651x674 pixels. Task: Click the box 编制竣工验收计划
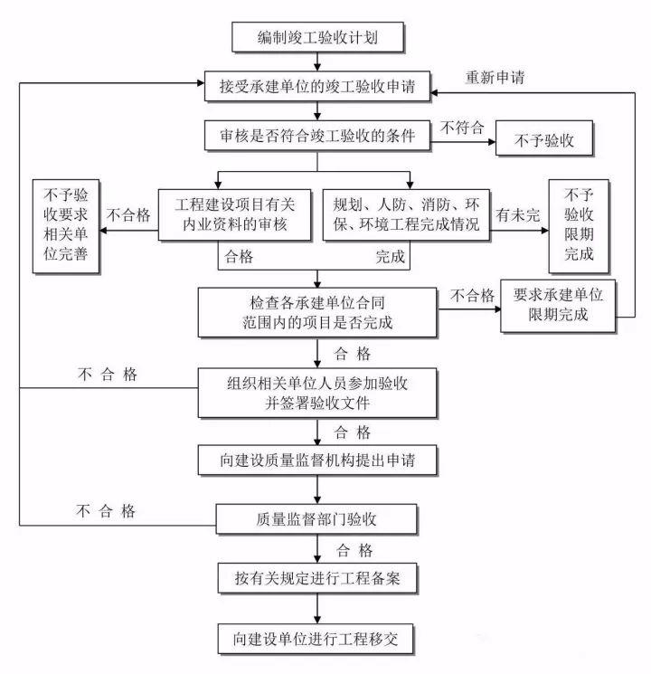click(317, 37)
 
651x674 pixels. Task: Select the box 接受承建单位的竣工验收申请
click(317, 88)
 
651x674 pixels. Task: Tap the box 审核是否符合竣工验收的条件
click(317, 138)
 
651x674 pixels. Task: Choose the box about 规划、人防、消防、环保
click(406, 214)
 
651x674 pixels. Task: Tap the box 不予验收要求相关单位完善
click(64, 226)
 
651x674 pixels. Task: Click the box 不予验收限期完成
click(578, 224)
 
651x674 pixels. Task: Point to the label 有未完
click(516, 216)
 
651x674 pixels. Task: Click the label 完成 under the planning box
click(391, 256)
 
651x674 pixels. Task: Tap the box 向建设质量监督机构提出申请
click(317, 460)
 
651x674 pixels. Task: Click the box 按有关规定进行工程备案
click(317, 576)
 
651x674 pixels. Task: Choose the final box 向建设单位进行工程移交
click(317, 638)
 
